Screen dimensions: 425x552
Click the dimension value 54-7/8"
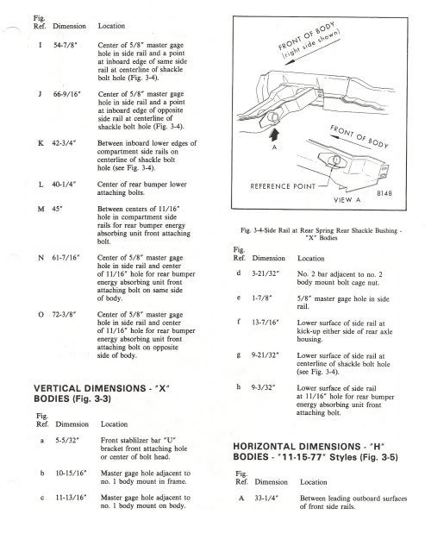click(66, 45)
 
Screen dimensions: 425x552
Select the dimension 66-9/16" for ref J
click(67, 94)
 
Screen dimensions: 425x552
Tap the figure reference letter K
click(41, 143)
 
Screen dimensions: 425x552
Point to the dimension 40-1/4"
click(64, 184)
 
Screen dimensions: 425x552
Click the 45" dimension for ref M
click(57, 209)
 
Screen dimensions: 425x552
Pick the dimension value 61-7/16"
click(66, 258)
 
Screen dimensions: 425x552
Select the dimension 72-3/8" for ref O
click(64, 314)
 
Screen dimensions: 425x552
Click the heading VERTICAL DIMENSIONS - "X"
click(102, 389)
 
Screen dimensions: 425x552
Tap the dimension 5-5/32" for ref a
click(67, 440)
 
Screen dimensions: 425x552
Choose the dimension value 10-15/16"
click(71, 474)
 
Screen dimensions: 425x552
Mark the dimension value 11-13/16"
click(71, 498)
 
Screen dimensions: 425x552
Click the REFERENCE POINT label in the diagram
click(283, 186)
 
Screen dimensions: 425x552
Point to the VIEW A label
click(347, 200)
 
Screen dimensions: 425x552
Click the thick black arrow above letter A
click(274, 135)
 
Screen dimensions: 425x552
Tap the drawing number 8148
click(384, 193)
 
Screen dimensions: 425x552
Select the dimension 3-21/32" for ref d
click(266, 273)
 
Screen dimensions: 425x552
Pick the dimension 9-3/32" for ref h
click(263, 387)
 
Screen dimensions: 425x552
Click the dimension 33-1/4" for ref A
click(266, 499)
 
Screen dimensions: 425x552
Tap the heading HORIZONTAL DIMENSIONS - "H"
click(309, 447)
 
